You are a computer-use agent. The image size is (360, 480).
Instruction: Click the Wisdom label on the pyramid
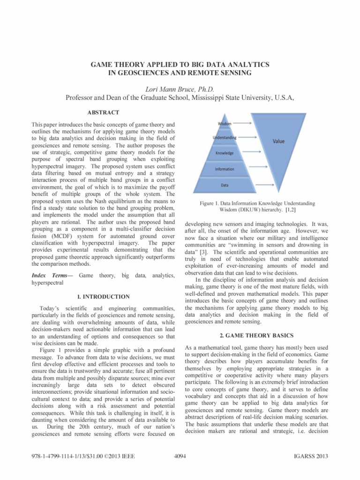coord(224,123)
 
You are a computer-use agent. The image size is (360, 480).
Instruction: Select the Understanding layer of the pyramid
coord(225,138)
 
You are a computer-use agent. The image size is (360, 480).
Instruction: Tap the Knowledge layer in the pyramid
coord(225,153)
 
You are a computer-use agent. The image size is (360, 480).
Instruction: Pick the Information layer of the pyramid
coord(225,169)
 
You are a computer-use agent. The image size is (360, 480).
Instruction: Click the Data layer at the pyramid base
coord(225,185)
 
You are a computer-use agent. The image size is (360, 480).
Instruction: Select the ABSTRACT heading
coord(103,112)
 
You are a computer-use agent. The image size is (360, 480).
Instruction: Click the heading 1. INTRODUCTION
coord(103,297)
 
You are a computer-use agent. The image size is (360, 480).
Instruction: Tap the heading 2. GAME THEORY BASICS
coord(256,335)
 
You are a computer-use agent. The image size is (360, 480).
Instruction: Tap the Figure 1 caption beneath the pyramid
coord(256,207)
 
